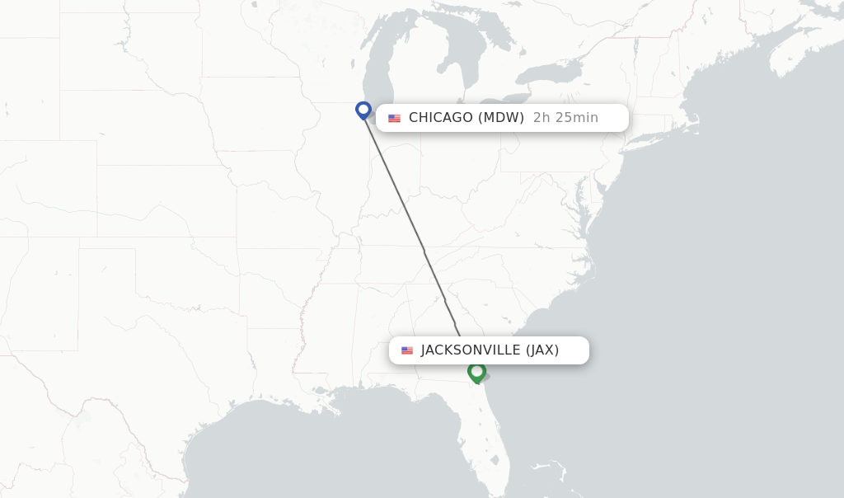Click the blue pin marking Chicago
click(x=363, y=110)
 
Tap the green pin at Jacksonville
click(x=476, y=373)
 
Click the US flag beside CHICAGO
click(x=394, y=118)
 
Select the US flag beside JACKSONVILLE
click(x=407, y=350)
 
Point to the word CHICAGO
click(x=441, y=118)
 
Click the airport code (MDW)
click(x=501, y=118)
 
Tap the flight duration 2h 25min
click(x=565, y=118)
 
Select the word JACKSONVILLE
click(x=471, y=350)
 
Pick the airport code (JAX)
click(x=542, y=350)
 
